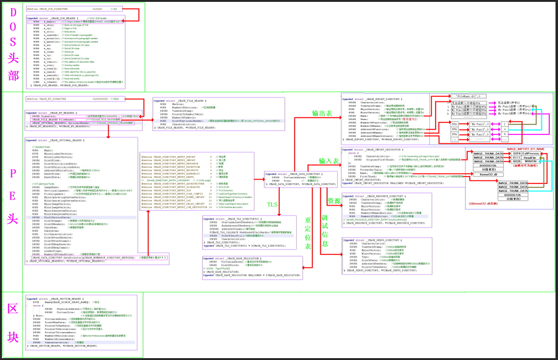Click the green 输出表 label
pyautogui.click(x=321, y=113)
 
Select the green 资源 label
pyautogui.click(x=334, y=201)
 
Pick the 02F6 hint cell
pyautogui.click(x=517, y=153)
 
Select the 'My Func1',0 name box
pyautogui.click(x=479, y=124)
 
